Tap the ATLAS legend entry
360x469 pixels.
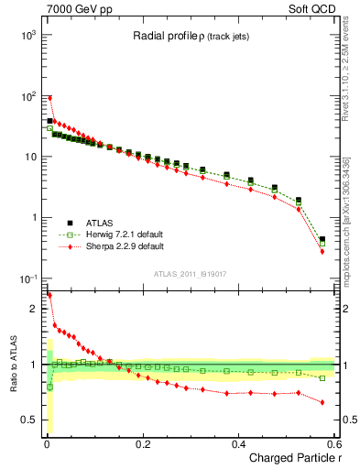(x=99, y=222)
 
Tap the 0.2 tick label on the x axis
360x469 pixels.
(x=142, y=444)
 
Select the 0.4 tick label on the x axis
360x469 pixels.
(x=238, y=444)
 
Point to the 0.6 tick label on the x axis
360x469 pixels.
(x=333, y=444)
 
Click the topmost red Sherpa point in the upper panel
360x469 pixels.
(x=49, y=98)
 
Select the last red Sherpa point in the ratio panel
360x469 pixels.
(x=322, y=402)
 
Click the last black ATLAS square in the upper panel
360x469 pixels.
(x=322, y=240)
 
